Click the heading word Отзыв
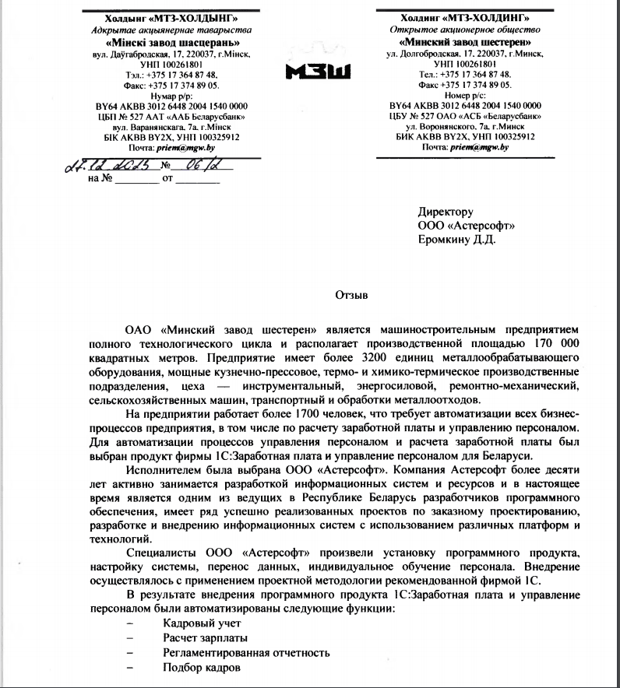click(x=351, y=295)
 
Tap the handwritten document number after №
click(x=192, y=165)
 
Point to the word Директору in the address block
click(x=446, y=212)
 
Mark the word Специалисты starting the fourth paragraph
click(x=160, y=553)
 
